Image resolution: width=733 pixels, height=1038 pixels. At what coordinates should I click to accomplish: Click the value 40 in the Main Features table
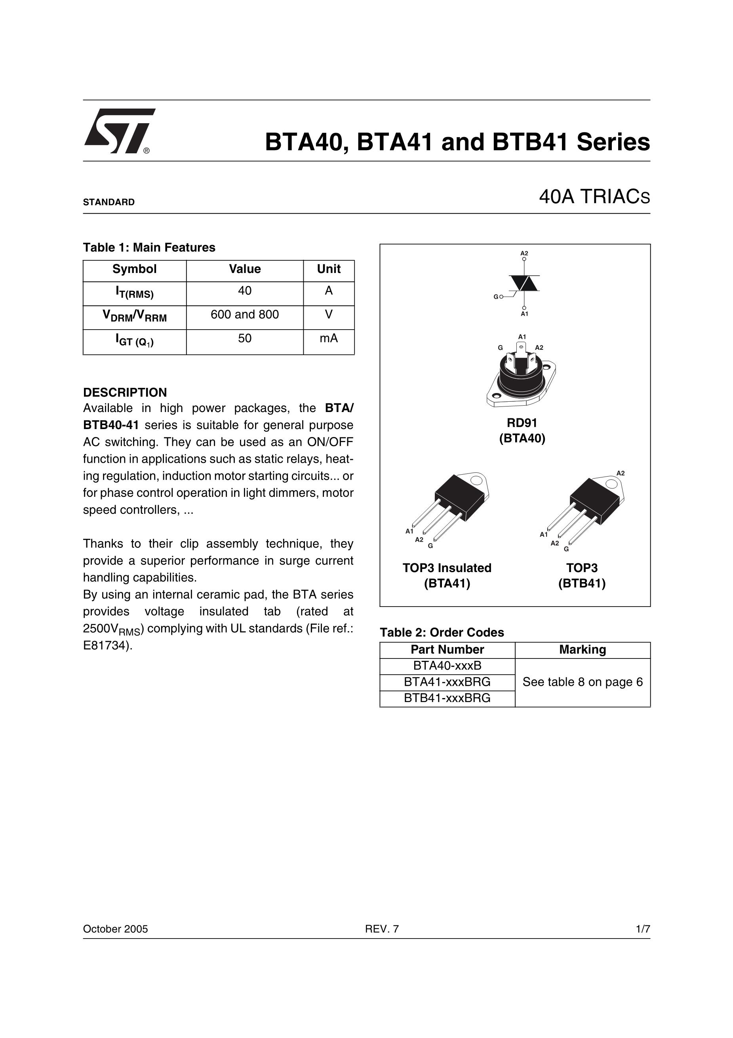coord(244,291)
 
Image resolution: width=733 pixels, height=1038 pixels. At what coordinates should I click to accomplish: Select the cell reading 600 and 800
coord(244,315)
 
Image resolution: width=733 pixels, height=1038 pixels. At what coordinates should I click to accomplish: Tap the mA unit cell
coord(329,339)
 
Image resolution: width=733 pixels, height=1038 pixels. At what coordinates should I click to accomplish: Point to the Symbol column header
coord(134,269)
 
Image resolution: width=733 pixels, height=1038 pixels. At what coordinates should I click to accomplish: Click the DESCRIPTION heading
coord(125,392)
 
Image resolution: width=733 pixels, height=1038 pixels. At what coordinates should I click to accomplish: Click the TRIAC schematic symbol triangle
coord(524,283)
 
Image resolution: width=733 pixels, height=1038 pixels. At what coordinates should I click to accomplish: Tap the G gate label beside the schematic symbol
coord(496,297)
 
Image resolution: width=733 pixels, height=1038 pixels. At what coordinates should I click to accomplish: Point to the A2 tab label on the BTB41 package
coord(621,473)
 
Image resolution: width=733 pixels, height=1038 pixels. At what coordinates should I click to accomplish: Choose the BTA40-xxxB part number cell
coord(447,666)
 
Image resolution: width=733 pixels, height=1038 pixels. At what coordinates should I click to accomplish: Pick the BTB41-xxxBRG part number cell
coord(447,698)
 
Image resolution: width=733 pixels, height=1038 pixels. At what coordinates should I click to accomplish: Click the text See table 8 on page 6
coord(583,682)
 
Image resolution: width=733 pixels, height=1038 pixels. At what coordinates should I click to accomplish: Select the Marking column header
coord(583,650)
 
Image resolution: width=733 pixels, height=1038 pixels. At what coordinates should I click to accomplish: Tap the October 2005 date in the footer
coord(115,929)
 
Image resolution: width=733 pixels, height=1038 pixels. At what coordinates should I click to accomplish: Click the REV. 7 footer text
coord(382,929)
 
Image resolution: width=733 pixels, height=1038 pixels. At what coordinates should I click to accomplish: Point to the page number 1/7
coord(643,929)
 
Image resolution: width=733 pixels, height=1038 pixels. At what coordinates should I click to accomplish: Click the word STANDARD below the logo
coord(109,202)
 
